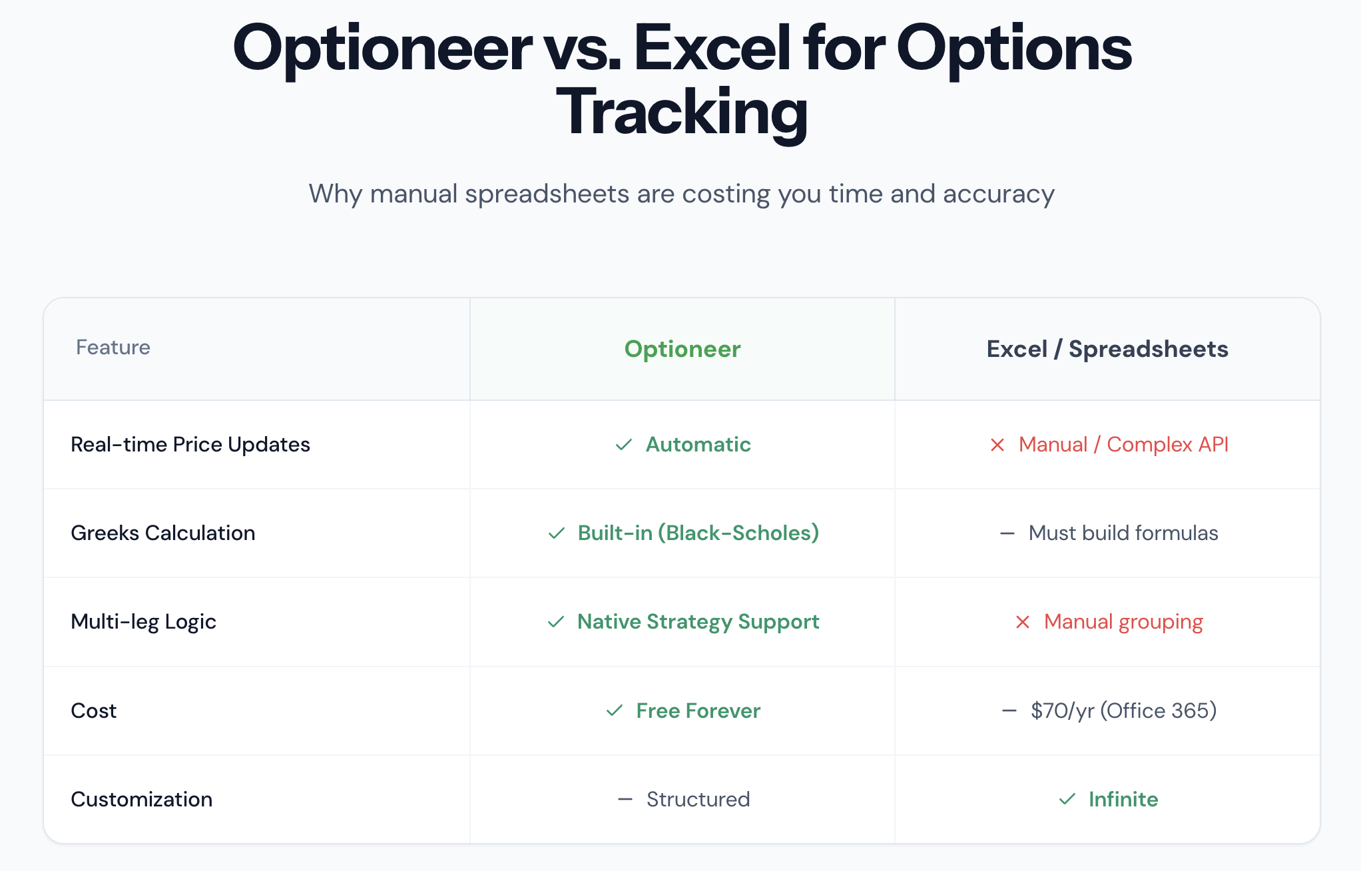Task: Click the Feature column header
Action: coord(113,347)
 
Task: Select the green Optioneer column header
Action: coord(682,349)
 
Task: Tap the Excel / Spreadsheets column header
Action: coord(1107,349)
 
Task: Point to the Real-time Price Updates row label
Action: coord(190,444)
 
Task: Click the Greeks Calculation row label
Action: coord(163,533)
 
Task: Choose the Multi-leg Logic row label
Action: coord(144,621)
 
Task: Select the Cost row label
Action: coord(94,711)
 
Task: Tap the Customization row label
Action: coord(142,799)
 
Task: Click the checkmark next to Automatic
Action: coord(624,444)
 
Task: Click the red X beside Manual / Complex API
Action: coord(997,445)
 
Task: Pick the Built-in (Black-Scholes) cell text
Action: coord(698,533)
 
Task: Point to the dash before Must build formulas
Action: coord(1007,533)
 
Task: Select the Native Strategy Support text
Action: coord(698,621)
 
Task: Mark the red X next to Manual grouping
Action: coord(1023,622)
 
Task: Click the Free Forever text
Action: coord(698,711)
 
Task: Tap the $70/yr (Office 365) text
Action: coord(1124,711)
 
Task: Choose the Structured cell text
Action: coord(698,799)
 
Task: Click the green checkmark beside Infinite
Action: coord(1067,799)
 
